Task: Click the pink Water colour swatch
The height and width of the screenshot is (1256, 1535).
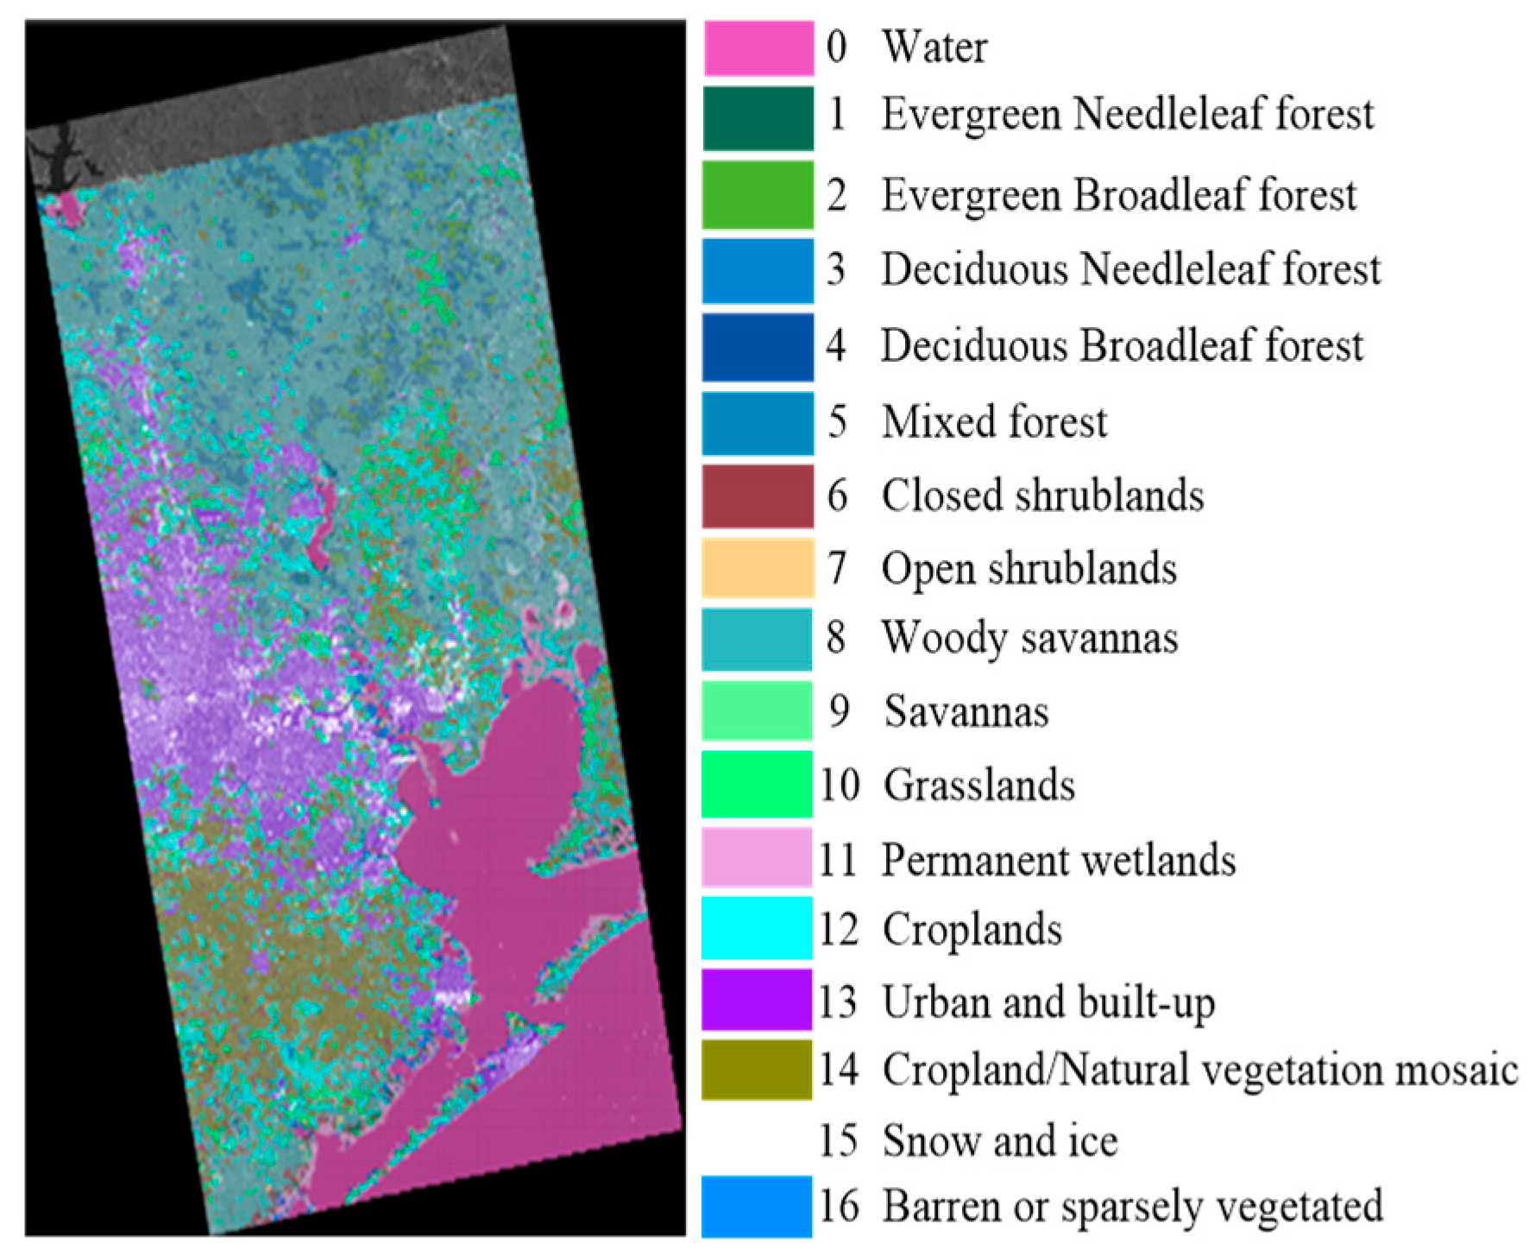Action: [x=758, y=48]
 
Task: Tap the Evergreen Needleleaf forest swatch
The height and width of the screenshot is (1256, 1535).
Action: [x=758, y=118]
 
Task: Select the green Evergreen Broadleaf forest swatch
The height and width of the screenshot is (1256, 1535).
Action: [x=758, y=194]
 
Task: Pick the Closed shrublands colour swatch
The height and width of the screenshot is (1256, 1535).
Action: [x=758, y=496]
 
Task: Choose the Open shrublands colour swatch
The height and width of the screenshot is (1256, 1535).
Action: [x=758, y=568]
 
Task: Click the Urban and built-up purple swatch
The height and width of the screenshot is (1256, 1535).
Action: [x=757, y=1000]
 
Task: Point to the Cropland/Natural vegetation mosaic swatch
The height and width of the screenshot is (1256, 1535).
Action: [x=757, y=1070]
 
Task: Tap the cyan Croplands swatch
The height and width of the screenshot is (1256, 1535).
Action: [x=757, y=928]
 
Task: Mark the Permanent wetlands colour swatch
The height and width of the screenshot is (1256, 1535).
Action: [x=757, y=857]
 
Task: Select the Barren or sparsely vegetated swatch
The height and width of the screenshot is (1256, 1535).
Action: [x=757, y=1206]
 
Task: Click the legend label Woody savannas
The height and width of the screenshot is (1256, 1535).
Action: [x=1029, y=639]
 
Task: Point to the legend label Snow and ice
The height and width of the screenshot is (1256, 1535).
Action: [x=1000, y=1140]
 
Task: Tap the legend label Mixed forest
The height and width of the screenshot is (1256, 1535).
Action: [x=994, y=422]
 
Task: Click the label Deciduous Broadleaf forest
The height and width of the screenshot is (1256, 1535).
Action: [x=1122, y=345]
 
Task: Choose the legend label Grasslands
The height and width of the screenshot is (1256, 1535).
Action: [x=979, y=786]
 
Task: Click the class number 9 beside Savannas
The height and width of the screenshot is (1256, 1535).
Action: [x=839, y=712]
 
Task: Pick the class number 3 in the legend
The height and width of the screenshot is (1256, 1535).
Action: [x=835, y=269]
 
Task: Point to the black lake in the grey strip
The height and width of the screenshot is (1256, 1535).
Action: [x=56, y=164]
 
